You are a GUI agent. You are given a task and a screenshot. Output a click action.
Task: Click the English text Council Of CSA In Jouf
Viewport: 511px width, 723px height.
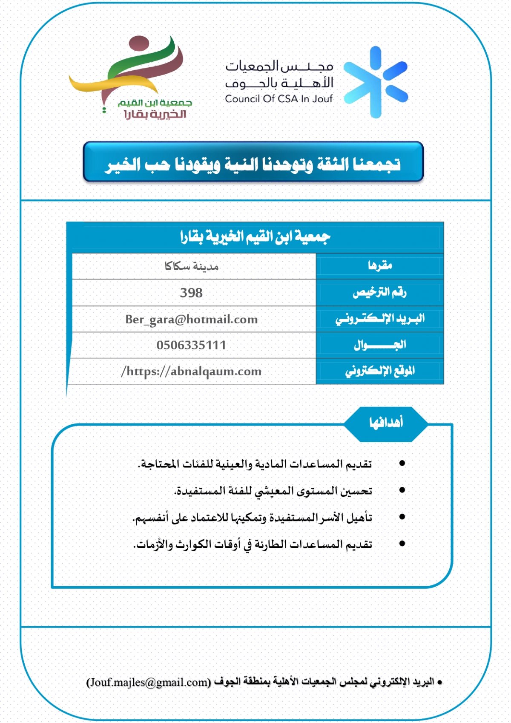click(278, 99)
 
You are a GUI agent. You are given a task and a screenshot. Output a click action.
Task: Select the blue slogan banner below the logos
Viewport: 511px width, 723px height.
click(253, 163)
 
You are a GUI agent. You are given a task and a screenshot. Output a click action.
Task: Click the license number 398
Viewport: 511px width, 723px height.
click(191, 293)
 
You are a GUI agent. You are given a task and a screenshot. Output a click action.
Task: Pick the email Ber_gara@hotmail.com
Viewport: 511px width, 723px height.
click(191, 319)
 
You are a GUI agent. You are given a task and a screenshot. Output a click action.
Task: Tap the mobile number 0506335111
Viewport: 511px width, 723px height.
click(191, 345)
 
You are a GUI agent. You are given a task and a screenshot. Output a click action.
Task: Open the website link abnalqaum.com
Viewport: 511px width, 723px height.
click(191, 371)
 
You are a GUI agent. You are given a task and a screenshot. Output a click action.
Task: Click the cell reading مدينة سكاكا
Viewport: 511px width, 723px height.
click(191, 266)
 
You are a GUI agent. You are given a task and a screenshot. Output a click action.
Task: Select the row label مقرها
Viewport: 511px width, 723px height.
click(380, 266)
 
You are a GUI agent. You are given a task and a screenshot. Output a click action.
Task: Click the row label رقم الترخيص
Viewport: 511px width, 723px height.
click(380, 292)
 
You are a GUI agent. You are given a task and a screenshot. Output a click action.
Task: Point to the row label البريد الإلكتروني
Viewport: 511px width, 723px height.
click(380, 319)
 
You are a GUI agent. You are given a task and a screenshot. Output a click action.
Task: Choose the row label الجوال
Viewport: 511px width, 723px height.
click(380, 345)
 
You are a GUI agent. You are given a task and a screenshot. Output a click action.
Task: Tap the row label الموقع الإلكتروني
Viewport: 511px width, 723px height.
click(380, 371)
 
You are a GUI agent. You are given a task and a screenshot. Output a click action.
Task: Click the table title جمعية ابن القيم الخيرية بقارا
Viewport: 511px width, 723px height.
click(255, 236)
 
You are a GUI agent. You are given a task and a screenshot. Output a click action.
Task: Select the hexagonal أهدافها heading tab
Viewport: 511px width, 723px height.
click(386, 423)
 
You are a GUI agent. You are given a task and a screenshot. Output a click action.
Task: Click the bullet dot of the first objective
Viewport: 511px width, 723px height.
click(402, 463)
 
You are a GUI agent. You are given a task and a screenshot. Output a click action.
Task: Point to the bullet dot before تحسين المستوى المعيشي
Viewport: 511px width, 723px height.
click(402, 490)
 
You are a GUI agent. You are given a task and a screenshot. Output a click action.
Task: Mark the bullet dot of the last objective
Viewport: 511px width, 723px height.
click(402, 544)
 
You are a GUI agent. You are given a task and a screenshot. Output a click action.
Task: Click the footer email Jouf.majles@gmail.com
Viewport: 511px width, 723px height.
click(149, 682)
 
